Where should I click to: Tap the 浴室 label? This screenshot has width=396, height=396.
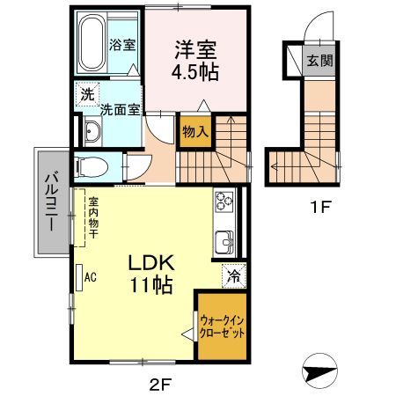122,43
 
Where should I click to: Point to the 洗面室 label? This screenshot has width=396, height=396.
118,110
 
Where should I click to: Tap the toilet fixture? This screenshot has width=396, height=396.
90,165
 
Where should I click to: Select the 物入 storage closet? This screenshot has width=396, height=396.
195,131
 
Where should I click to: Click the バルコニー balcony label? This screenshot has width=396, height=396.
49,202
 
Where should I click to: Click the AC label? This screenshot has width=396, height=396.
90,275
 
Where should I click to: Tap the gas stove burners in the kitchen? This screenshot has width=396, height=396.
223,203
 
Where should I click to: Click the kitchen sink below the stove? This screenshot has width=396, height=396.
224,239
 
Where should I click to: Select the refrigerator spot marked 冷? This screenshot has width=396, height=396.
233,275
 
